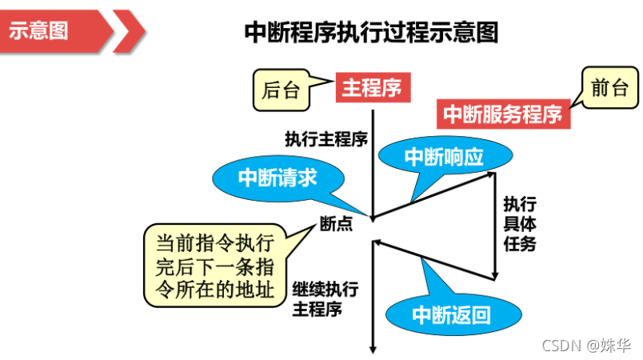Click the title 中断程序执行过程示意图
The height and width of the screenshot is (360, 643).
[371, 32]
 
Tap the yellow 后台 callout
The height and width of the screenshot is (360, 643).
[282, 90]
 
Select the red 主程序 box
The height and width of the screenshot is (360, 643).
[373, 87]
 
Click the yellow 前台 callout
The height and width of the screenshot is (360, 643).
[610, 88]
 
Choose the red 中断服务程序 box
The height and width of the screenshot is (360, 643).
[503, 114]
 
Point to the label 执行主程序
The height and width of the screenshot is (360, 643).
[326, 139]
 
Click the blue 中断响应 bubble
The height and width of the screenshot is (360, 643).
[445, 156]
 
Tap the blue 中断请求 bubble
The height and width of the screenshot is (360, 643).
[278, 178]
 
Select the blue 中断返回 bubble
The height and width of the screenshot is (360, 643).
[453, 314]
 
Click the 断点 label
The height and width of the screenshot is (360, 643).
[336, 224]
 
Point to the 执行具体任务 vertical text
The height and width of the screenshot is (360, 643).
[520, 224]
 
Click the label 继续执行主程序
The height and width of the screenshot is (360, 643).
[325, 299]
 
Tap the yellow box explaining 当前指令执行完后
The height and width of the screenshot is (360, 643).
[215, 266]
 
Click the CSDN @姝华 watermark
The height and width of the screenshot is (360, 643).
[586, 346]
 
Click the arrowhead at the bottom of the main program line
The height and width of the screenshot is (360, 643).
[373, 350]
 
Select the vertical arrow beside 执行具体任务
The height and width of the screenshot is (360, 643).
[495, 226]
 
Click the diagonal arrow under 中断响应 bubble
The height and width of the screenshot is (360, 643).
[433, 195]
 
